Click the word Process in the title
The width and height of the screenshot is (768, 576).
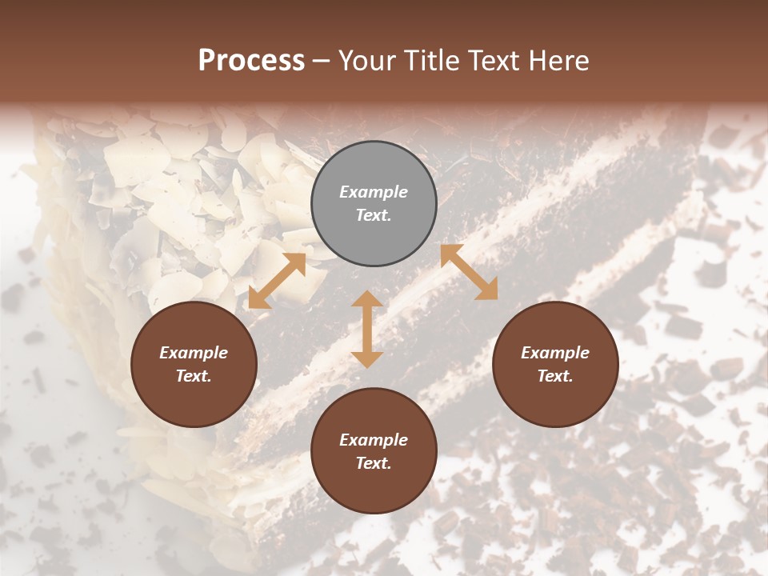251,61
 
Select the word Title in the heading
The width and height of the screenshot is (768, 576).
432,61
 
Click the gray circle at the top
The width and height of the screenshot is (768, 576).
374,203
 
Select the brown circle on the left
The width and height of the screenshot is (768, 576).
194,364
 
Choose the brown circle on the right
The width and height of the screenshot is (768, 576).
555,364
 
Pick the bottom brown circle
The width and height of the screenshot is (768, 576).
374,450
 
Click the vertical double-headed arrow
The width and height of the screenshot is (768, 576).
367,329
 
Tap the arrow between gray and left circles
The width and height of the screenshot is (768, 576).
277,281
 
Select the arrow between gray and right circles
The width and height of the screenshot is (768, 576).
469,272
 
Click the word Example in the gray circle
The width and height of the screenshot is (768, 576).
374,192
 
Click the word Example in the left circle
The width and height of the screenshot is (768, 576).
194,353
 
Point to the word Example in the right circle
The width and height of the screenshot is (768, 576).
555,353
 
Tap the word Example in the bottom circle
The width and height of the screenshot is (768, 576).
374,440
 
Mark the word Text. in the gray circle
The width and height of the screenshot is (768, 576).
374,215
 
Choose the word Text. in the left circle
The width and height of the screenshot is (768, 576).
194,376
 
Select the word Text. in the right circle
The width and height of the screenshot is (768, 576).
555,376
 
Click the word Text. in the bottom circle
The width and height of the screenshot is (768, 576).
374,463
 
